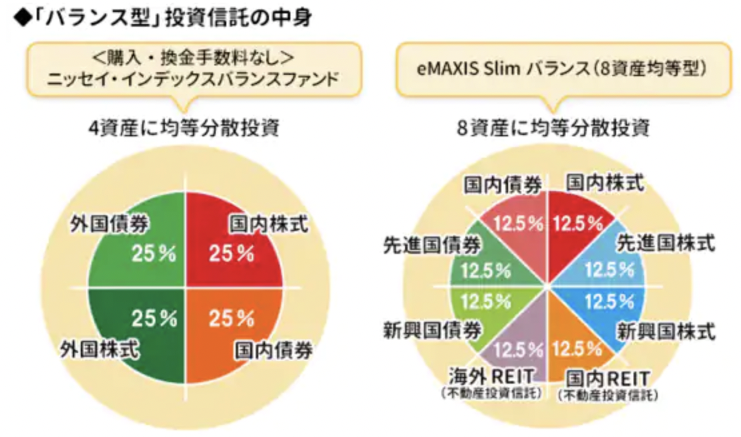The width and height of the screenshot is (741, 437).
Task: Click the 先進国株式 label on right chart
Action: pyautogui.click(x=665, y=243)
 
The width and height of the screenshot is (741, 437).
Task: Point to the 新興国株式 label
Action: pyautogui.click(x=665, y=331)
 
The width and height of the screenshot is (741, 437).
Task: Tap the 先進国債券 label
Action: pyautogui.click(x=431, y=245)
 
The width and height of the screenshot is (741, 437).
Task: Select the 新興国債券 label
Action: pyautogui.click(x=431, y=329)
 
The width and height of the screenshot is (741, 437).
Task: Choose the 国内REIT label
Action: pyautogui.click(x=607, y=377)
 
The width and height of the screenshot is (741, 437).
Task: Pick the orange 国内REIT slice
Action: pyautogui.click(x=574, y=344)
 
